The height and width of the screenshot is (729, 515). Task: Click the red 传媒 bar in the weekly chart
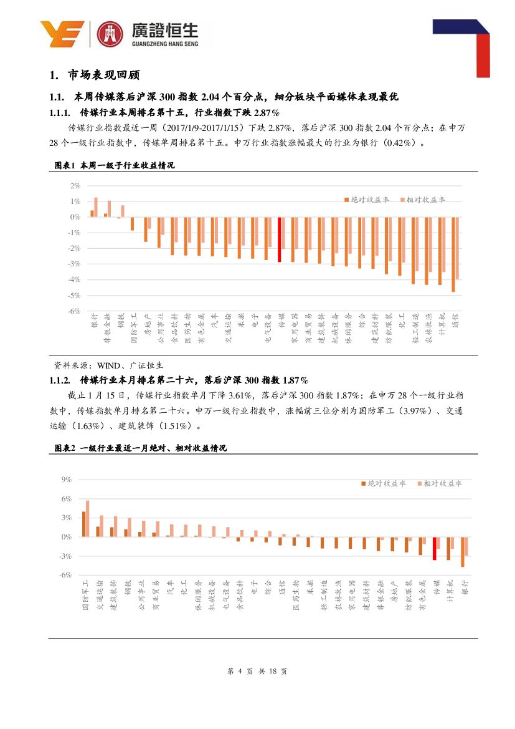coord(280,239)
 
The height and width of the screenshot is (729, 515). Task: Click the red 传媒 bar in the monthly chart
coord(434,548)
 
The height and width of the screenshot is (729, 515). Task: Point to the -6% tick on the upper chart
coord(74,311)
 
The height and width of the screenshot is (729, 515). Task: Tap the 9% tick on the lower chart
coord(67,480)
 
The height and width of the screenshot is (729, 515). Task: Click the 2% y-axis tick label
coord(75,186)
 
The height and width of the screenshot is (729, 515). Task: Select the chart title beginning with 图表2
coord(140,448)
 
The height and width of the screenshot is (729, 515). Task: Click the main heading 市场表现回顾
coord(104,75)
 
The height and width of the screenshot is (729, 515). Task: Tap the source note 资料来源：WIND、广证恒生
coord(109,365)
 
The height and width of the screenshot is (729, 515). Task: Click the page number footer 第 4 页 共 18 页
coord(257,672)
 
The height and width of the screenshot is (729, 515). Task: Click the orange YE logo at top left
coord(62,34)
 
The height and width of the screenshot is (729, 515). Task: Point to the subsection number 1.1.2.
coord(61,380)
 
